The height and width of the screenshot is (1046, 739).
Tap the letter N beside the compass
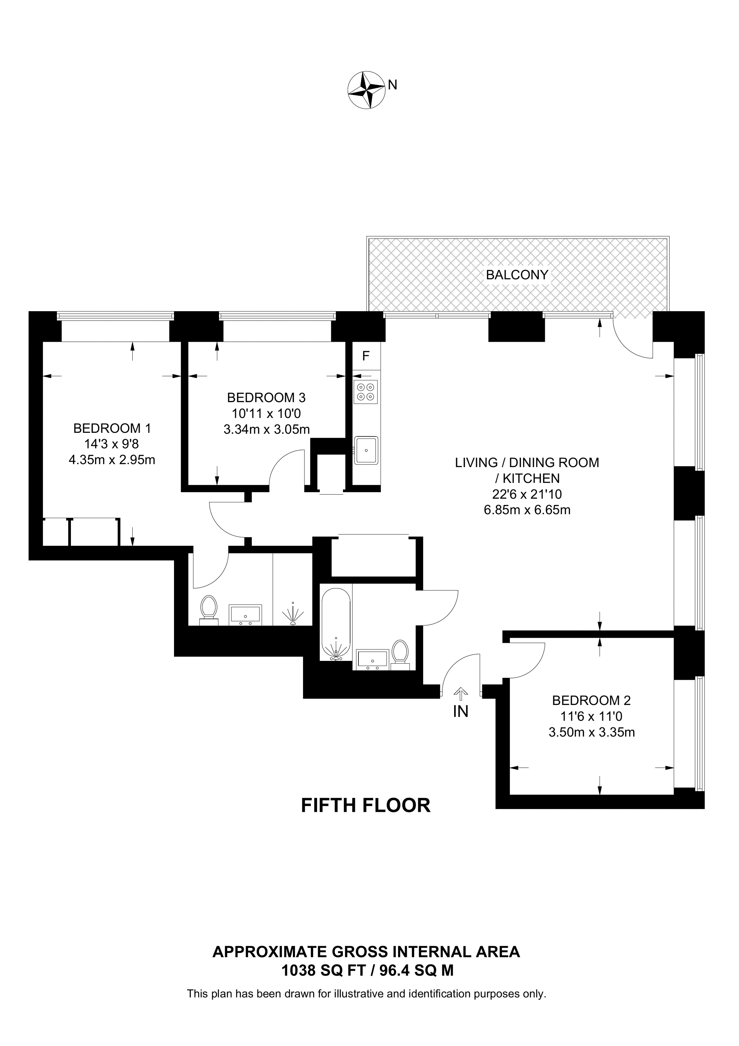[392, 85]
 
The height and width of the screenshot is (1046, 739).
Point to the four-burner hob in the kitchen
[365, 392]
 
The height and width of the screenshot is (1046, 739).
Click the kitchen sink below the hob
[366, 450]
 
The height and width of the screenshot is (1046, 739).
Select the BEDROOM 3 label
[266, 398]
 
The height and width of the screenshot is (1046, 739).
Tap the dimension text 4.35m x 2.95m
[112, 460]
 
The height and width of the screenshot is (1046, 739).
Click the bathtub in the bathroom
[336, 625]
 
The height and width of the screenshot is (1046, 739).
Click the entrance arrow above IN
[461, 694]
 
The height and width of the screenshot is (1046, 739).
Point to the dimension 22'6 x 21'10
[527, 494]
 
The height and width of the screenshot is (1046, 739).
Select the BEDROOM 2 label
[591, 700]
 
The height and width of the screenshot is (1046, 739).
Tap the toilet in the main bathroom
[400, 654]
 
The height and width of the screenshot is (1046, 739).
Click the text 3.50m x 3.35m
[592, 732]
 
